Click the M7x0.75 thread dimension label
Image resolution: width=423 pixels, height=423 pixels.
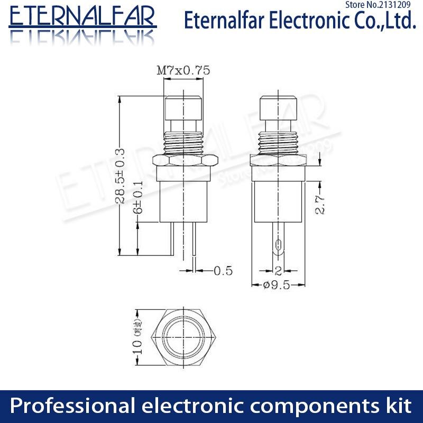pyautogui.click(x=183, y=70)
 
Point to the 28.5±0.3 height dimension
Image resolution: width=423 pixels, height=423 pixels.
pyautogui.click(x=121, y=175)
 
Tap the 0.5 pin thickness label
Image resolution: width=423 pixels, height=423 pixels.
pyautogui.click(x=223, y=271)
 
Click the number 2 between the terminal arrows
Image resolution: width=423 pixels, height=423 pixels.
pyautogui.click(x=278, y=272)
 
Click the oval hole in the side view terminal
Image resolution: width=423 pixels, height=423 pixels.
pyautogui.click(x=278, y=245)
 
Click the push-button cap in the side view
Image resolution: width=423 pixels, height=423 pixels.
pyautogui.click(x=278, y=108)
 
